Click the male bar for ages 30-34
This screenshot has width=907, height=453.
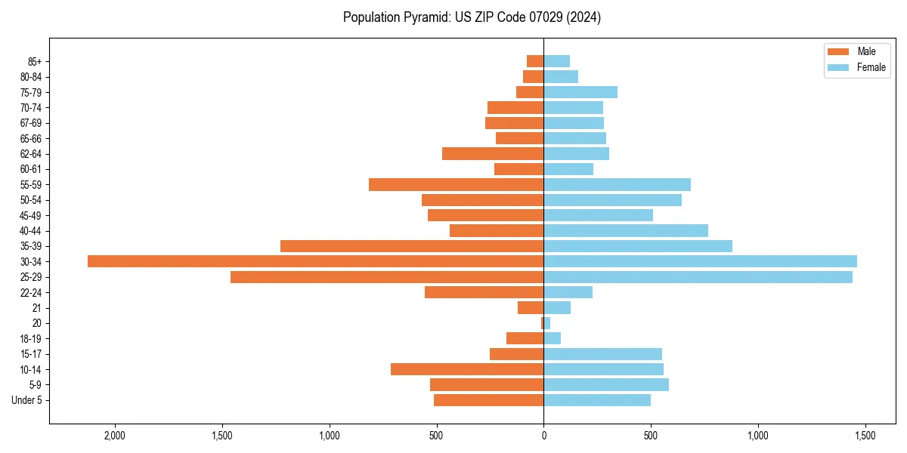click(x=315, y=261)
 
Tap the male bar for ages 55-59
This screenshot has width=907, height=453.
click(x=456, y=184)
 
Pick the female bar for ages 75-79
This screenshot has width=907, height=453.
click(x=580, y=92)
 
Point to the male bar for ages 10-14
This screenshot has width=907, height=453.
click(x=467, y=369)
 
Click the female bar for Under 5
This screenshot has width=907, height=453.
click(x=597, y=400)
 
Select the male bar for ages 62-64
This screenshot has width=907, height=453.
click(x=493, y=153)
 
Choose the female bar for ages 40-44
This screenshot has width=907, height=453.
click(x=626, y=230)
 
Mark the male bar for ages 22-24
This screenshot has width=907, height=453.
click(x=484, y=292)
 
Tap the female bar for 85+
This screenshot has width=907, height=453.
click(x=556, y=61)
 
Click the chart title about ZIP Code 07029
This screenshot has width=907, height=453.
click(x=472, y=17)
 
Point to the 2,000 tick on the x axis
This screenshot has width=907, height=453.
click(x=115, y=436)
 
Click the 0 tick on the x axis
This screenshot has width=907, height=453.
click(x=543, y=436)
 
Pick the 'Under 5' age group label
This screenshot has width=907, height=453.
click(x=26, y=400)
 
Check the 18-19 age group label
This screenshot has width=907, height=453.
click(x=30, y=338)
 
